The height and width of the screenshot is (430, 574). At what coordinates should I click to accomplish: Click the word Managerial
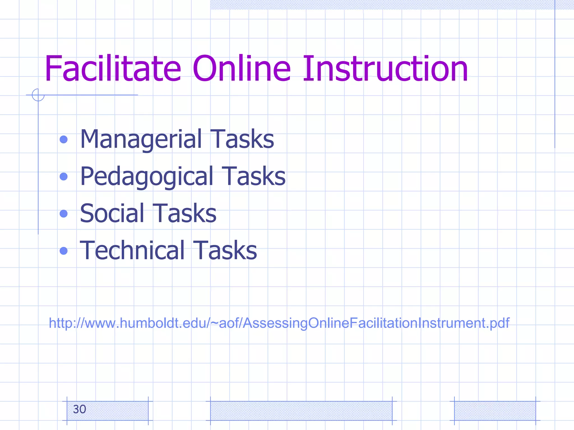(x=141, y=139)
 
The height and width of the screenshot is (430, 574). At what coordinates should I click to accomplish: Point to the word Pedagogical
(x=147, y=176)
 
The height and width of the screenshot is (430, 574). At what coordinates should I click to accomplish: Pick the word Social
(x=112, y=213)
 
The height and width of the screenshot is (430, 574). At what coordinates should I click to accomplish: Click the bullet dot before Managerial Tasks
(x=64, y=139)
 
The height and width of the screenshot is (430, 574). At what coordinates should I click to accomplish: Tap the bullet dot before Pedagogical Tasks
(x=64, y=176)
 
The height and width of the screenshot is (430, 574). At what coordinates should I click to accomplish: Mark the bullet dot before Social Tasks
(x=64, y=214)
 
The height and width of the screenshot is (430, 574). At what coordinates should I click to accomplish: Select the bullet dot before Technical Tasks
(x=64, y=251)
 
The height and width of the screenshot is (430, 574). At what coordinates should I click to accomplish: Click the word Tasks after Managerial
(x=242, y=139)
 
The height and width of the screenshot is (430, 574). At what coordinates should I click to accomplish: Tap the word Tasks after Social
(x=184, y=213)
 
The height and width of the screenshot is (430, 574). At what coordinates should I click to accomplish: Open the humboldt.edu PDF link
(x=279, y=323)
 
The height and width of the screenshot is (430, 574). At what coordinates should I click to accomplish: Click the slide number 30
(x=79, y=409)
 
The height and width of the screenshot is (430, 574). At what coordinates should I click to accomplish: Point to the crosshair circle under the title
(x=38, y=95)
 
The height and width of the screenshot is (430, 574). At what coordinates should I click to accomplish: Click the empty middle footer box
(x=301, y=411)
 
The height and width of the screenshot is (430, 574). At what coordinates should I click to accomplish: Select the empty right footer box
(x=495, y=411)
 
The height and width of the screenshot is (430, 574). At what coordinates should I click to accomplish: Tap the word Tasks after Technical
(x=225, y=250)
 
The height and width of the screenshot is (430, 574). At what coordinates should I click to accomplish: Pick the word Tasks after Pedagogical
(x=253, y=176)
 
